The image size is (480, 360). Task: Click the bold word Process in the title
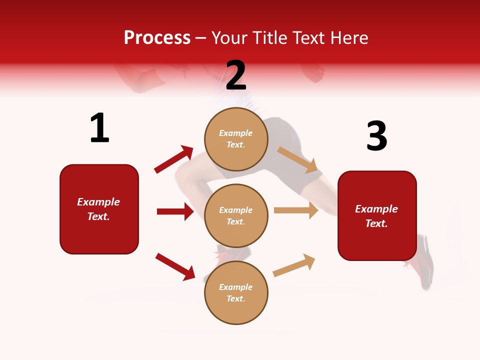[x=157, y=37]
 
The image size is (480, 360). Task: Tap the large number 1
[x=99, y=128]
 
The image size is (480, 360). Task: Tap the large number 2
[x=236, y=75]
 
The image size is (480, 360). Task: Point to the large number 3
[x=376, y=136]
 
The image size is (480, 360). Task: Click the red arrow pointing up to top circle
[x=174, y=159]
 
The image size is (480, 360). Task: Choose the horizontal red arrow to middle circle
[x=175, y=211]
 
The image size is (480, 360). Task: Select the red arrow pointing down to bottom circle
[x=175, y=266]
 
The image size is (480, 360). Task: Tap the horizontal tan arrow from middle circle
[x=296, y=210]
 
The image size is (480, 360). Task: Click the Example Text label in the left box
[x=98, y=209]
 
